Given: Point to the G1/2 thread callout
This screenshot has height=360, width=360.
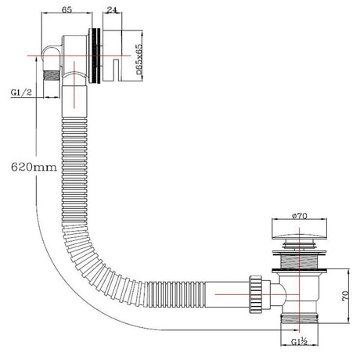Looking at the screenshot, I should [x=21, y=92].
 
